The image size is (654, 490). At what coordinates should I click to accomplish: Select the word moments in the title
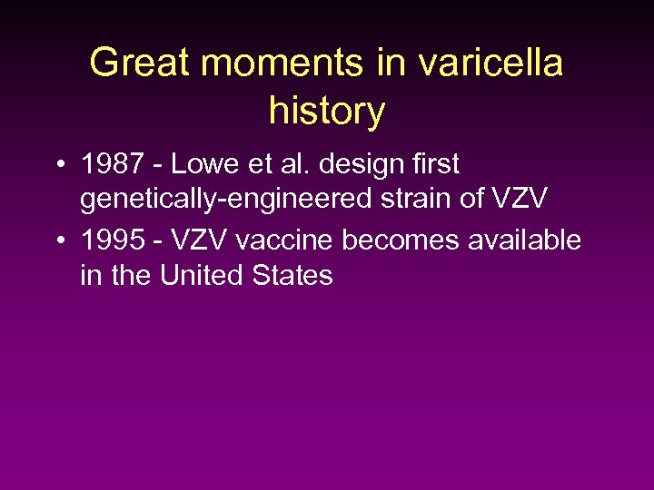[282, 64]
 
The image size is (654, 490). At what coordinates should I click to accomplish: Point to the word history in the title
[327, 112]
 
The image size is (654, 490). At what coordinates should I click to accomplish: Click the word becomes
[391, 240]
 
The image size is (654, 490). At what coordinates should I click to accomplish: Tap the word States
[292, 274]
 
